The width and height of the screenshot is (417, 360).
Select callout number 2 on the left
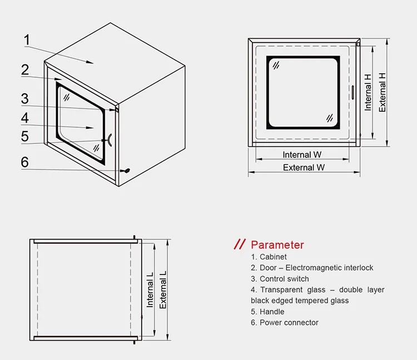click(x=25, y=70)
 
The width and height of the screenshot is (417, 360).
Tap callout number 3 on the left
click(x=25, y=99)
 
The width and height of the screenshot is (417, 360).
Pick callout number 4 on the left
click(x=25, y=118)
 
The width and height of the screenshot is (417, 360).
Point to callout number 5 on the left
click(x=25, y=136)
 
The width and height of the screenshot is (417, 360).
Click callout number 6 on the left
click(x=25, y=162)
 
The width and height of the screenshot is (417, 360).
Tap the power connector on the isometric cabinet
click(x=127, y=171)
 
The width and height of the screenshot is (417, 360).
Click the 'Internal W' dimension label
click(x=302, y=155)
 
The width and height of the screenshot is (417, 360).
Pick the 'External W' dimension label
click(x=304, y=167)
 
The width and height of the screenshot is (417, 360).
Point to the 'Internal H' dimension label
click(x=368, y=92)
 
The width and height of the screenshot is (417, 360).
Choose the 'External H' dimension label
click(x=383, y=92)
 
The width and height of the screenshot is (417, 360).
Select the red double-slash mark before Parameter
click(x=239, y=244)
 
